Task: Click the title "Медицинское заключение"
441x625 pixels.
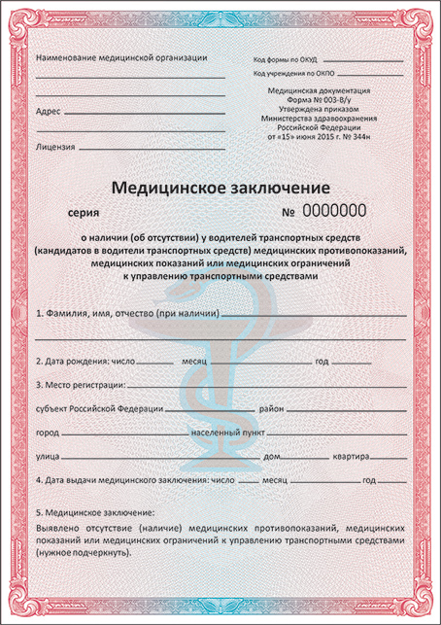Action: tap(220, 186)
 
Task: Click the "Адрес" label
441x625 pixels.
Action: tap(48, 111)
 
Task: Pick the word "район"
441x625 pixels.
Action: tap(271, 408)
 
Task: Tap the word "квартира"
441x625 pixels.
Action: tap(348, 456)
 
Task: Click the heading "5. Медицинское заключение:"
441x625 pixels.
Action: tap(94, 511)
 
